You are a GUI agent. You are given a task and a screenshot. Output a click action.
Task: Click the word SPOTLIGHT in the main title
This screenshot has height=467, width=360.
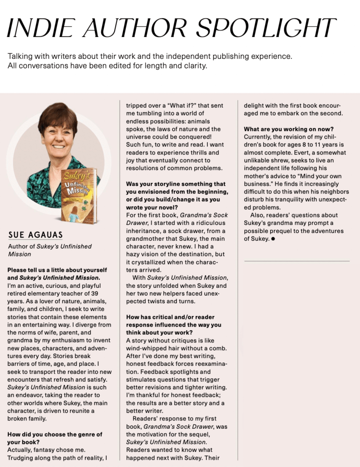(x=267, y=28)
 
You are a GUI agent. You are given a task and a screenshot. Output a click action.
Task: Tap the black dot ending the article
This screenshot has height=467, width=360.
(x=273, y=239)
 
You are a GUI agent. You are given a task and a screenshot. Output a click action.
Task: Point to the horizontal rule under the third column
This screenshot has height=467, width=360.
(x=297, y=261)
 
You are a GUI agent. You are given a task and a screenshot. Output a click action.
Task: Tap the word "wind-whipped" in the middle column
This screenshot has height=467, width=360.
(x=146, y=349)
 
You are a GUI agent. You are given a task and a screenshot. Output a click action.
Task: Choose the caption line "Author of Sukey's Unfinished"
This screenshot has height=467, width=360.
(x=50, y=247)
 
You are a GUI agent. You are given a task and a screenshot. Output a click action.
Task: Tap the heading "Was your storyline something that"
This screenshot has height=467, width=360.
(x=175, y=184)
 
